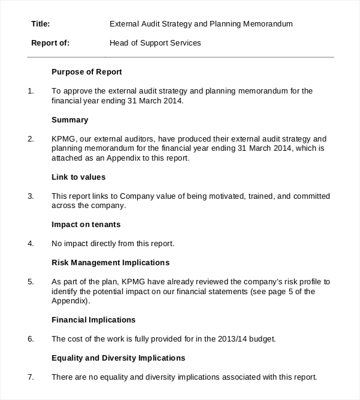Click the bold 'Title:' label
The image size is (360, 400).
point(40,24)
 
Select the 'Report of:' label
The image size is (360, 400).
point(50,43)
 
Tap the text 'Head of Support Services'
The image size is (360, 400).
point(154,43)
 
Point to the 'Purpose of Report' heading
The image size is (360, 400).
point(87,71)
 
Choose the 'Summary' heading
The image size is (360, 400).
point(70,119)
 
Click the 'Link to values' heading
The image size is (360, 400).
point(79,177)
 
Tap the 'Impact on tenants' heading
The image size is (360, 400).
point(86,224)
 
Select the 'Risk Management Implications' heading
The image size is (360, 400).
point(110,262)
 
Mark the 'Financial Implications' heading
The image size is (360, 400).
point(94,319)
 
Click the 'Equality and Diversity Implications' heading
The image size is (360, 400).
point(118,358)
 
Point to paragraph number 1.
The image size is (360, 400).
point(31,91)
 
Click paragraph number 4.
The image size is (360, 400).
point(31,244)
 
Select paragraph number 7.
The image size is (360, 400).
point(31,377)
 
